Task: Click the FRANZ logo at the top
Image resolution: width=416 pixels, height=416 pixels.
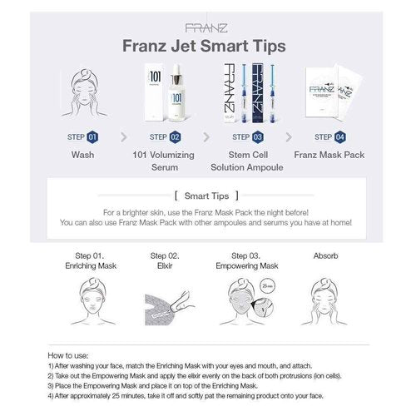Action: pyautogui.click(x=207, y=27)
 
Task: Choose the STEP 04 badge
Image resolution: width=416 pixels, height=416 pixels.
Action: pyautogui.click(x=330, y=136)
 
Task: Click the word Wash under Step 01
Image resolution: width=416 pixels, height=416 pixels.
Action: pyautogui.click(x=82, y=155)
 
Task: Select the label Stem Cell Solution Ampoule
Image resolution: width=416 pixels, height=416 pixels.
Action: pyautogui.click(x=247, y=161)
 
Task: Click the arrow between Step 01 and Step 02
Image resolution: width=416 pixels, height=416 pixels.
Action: pyautogui.click(x=123, y=136)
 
